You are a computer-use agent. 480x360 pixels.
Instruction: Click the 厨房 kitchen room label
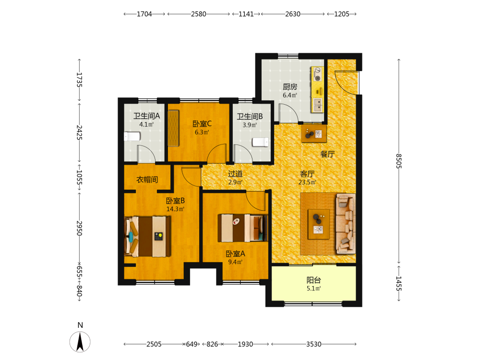tap(289, 86)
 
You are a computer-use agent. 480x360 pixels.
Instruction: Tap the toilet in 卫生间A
tap(132, 136)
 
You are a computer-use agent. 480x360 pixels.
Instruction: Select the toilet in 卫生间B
tap(261, 142)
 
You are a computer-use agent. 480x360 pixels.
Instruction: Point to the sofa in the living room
tap(346, 224)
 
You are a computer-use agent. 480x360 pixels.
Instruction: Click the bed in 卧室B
tap(147, 236)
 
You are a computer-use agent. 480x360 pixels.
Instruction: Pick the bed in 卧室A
tap(242, 228)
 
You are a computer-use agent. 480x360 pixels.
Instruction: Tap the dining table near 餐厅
tap(314, 133)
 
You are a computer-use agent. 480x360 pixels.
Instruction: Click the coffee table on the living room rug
tap(319, 224)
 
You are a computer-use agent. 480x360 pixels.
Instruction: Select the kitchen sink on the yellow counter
tap(318, 105)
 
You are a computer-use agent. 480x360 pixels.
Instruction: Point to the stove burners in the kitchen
tap(318, 74)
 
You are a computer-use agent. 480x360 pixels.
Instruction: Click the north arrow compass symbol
tap(80, 342)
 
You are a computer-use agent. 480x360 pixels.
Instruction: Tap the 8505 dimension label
tap(398, 161)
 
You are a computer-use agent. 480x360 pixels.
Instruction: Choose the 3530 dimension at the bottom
tap(314, 344)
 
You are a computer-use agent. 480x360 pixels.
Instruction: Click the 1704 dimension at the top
tap(144, 14)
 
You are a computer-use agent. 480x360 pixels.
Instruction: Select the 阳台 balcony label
tap(314, 280)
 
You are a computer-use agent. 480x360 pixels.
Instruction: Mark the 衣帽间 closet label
tap(147, 180)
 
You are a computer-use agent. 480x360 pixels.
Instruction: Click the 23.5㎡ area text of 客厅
tap(307, 182)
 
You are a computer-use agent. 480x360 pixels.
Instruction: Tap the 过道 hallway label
tap(235, 174)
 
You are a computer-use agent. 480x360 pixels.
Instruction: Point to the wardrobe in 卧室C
tap(173, 128)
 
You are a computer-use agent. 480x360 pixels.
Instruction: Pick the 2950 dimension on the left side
tap(79, 228)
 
